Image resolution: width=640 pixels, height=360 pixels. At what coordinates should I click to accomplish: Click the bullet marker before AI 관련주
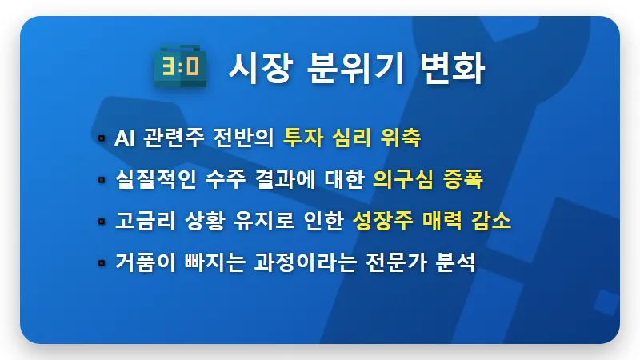[101, 138]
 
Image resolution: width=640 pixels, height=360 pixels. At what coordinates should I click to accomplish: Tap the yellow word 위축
[402, 138]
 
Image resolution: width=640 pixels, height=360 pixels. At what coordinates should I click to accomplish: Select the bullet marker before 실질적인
[101, 179]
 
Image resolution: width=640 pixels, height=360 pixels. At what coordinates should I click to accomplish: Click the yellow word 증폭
[463, 179]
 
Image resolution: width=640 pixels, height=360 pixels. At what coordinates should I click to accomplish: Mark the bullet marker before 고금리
[101, 221]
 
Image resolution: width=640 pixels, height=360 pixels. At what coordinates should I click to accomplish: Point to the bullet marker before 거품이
[101, 262]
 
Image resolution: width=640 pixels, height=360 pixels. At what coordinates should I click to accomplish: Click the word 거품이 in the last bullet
[141, 262]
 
